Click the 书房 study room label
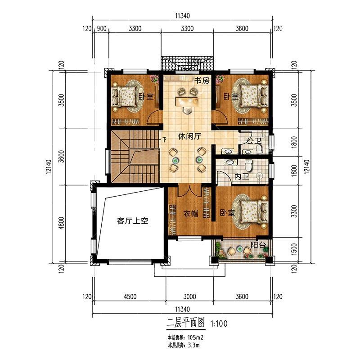click(x=202, y=81)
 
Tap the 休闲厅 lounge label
click(x=189, y=136)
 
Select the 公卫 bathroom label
click(x=254, y=141)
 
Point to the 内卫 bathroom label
click(x=242, y=176)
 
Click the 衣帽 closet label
click(x=191, y=213)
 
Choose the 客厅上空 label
click(x=133, y=221)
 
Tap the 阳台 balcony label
click(x=258, y=245)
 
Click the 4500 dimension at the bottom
click(x=130, y=297)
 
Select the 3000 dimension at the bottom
click(x=189, y=297)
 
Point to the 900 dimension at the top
click(x=102, y=28)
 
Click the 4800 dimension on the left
click(x=61, y=223)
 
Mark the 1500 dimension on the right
click(x=294, y=248)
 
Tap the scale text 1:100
click(x=219, y=324)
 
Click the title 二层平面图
click(x=186, y=323)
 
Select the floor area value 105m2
click(x=195, y=337)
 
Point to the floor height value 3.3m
click(x=193, y=345)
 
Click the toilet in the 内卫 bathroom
click(x=248, y=164)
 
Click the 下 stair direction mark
click(x=164, y=139)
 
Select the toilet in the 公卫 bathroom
click(x=259, y=149)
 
